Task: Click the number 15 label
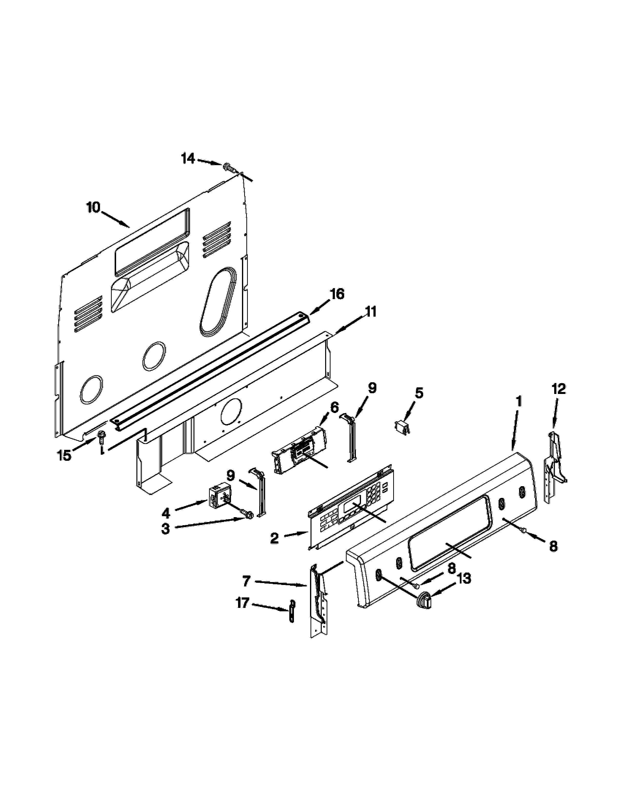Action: (x=64, y=456)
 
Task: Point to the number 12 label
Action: (x=559, y=389)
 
